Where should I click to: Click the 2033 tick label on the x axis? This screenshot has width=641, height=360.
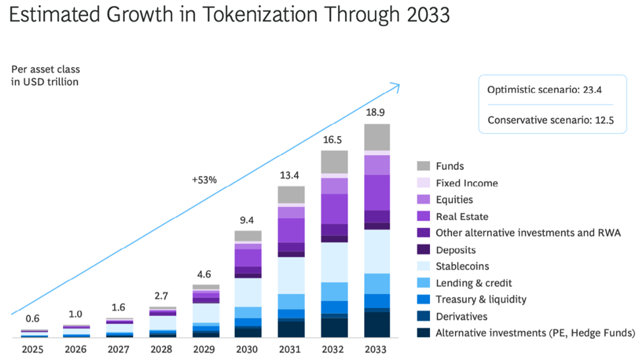coord(377,349)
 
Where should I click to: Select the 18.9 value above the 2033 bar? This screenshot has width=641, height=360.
coord(377,113)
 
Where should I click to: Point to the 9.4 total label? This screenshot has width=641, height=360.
coord(248,220)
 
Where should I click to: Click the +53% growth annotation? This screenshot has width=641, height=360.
coord(204,179)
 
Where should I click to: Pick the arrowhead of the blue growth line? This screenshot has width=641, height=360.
coord(396,85)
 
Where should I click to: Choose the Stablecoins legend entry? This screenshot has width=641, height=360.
coord(462,267)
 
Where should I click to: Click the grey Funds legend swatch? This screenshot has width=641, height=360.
coord(424,167)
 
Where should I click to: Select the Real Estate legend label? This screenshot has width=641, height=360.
coord(462,217)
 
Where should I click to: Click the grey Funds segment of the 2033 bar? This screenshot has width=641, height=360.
coord(377,137)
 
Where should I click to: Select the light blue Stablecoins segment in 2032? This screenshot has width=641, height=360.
coord(334,262)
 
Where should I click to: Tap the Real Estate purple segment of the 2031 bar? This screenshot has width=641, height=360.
coord(291,230)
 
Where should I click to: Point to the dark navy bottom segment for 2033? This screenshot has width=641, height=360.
coord(377,325)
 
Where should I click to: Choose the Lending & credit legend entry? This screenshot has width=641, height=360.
coord(473,283)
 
